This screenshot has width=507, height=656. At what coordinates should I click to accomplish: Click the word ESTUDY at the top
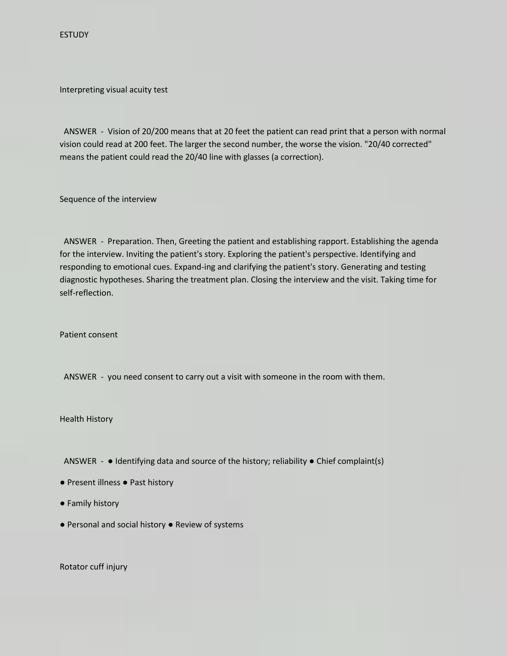(x=74, y=35)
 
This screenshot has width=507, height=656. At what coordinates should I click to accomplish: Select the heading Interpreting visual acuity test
(x=113, y=90)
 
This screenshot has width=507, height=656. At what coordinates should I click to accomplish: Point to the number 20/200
(x=155, y=132)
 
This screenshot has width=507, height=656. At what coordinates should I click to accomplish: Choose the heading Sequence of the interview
(x=108, y=199)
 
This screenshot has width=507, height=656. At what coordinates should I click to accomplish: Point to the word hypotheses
(x=121, y=280)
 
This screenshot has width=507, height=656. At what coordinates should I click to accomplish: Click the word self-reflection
(x=86, y=293)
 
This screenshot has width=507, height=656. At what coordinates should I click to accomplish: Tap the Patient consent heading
(x=89, y=335)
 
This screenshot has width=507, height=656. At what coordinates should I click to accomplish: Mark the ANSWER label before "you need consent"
(x=80, y=377)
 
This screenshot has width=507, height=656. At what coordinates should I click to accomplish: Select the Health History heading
(x=86, y=419)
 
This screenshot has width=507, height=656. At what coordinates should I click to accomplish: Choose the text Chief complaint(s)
(x=350, y=461)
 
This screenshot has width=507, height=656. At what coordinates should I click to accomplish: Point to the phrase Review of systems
(x=209, y=525)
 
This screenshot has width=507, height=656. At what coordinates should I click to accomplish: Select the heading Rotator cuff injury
(x=93, y=567)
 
